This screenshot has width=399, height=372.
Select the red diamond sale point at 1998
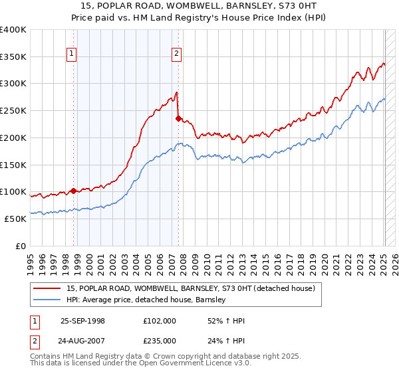[73, 191]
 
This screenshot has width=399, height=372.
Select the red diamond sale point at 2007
[178, 119]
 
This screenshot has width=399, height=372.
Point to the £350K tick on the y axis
[13, 57]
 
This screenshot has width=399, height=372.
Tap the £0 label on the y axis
[21, 246]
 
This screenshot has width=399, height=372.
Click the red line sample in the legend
[48, 288]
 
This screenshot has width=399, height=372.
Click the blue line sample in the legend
[48, 300]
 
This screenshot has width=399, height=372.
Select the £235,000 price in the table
[160, 340]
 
